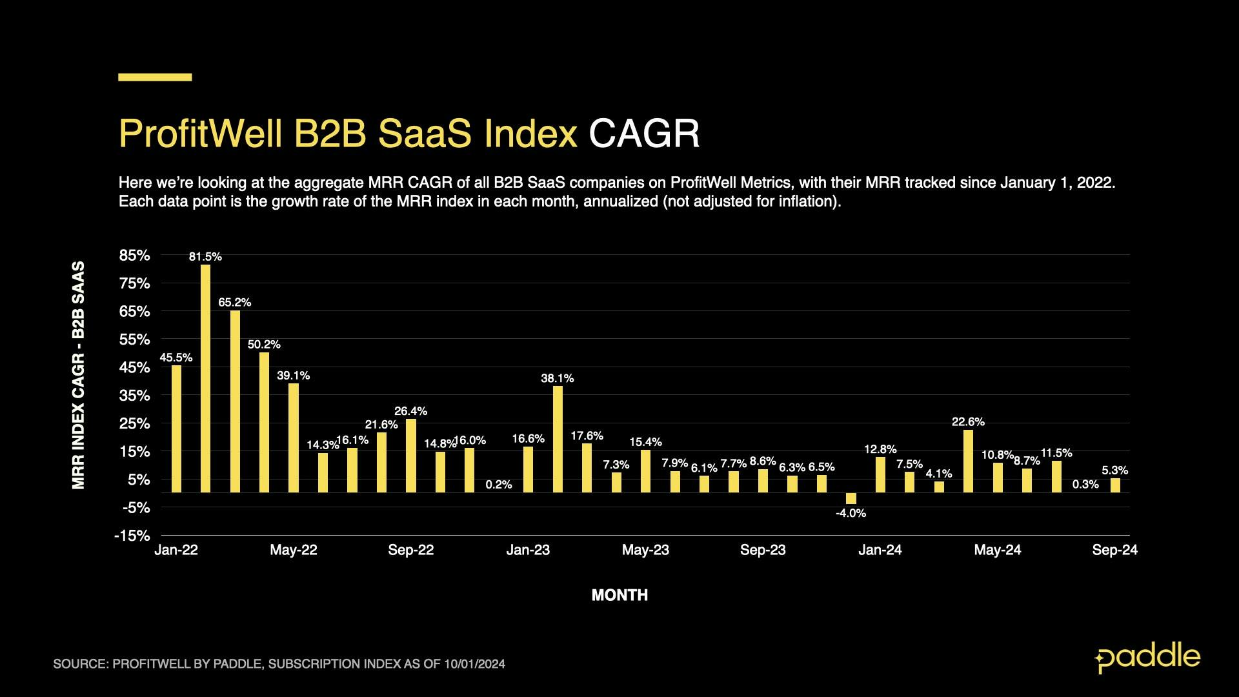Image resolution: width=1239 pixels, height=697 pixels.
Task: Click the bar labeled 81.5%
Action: click(x=205, y=378)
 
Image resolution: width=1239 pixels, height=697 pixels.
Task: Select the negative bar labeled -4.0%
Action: click(x=851, y=498)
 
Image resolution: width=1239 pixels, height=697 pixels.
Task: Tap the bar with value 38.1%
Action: click(x=558, y=439)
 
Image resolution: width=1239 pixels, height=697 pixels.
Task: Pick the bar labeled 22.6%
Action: click(x=968, y=461)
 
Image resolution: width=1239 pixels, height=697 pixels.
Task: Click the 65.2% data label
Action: click(x=234, y=302)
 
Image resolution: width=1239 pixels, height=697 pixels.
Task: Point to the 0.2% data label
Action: click(x=498, y=485)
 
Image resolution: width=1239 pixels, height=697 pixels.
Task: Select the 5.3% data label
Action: click(x=1114, y=470)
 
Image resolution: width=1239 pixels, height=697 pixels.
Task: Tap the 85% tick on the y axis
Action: click(x=134, y=256)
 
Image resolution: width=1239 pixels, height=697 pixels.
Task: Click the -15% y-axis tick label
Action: click(x=132, y=536)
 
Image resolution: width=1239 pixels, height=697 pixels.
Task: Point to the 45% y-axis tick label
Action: click(x=134, y=368)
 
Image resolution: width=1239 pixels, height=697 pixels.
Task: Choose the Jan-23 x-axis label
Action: click(x=528, y=550)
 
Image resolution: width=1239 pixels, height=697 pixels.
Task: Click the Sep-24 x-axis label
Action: click(x=1114, y=550)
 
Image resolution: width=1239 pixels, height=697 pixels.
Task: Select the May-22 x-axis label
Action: click(x=294, y=550)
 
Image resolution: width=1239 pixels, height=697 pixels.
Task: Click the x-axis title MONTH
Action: click(x=619, y=595)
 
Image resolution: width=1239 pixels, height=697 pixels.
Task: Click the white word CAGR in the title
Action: click(x=643, y=134)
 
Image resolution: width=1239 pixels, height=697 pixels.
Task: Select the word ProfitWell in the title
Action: click(x=201, y=134)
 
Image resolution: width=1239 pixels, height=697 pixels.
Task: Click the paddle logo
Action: click(x=1147, y=658)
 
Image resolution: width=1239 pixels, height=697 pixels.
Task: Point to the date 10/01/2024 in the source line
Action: click(x=474, y=664)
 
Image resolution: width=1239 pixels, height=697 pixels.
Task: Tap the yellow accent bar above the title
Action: click(x=155, y=77)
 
